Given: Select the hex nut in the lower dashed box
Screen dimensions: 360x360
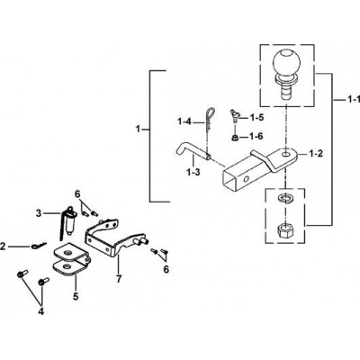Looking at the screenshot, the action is (x=285, y=231).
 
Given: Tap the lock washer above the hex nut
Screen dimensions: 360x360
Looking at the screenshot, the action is (x=284, y=199).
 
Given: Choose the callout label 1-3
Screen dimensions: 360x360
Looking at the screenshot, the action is (x=193, y=173).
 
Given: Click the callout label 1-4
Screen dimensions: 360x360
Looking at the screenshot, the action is (x=184, y=121).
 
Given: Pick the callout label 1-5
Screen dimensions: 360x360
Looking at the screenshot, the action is (x=256, y=117).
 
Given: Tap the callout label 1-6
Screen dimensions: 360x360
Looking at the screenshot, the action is (x=256, y=137).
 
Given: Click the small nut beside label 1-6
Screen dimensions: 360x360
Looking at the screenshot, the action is (x=234, y=138).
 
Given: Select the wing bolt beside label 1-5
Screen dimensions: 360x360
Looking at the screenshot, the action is (x=233, y=116).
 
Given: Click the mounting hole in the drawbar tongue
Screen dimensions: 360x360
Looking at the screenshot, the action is (x=286, y=154).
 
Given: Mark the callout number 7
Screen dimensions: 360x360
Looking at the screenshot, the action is (x=119, y=279).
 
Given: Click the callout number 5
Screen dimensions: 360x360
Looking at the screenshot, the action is (x=76, y=296).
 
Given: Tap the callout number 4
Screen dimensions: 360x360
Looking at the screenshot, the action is (x=41, y=311).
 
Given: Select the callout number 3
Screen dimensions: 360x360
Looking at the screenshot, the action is (x=38, y=213).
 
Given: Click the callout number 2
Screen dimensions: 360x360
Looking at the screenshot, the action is (x=3, y=247).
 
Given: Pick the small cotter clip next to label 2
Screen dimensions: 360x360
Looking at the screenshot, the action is (x=39, y=246).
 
